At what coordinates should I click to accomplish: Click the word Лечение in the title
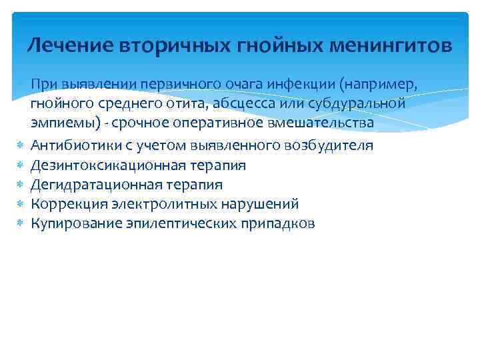71,46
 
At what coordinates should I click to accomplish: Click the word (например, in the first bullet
382,85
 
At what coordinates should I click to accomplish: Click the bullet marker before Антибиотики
21,145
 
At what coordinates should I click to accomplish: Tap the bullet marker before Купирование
21,224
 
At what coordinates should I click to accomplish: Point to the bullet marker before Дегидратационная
21,185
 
